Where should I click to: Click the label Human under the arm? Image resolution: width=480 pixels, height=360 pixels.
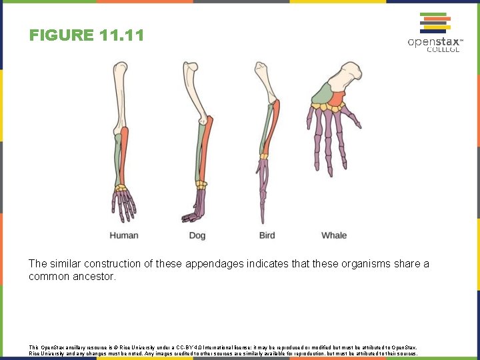coord(124,235)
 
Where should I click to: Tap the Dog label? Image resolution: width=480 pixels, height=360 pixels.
coord(197,235)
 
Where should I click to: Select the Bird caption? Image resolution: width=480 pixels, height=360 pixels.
coord(267,235)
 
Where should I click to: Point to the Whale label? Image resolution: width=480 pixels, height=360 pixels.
coord(334,235)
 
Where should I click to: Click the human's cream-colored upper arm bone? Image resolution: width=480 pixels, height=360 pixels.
coord(119,97)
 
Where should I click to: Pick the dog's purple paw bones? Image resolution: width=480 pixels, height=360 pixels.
coord(197,207)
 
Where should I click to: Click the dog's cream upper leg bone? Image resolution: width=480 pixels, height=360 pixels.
coord(196,93)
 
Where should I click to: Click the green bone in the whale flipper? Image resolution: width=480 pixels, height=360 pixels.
coord(322,93)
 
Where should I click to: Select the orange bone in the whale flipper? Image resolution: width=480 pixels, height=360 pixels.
coord(336,99)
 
